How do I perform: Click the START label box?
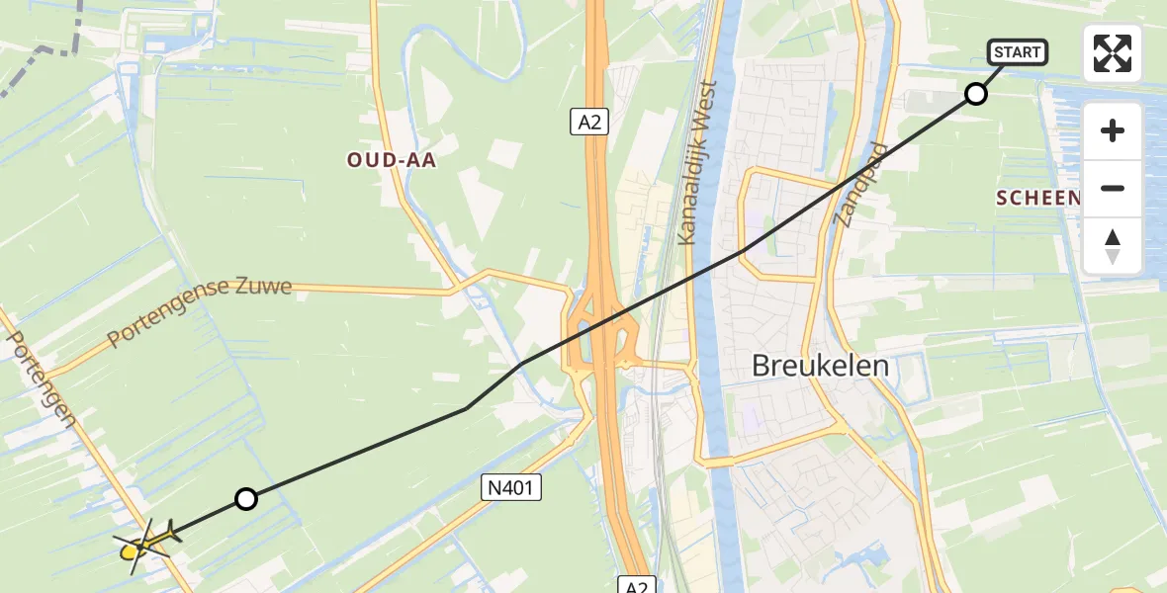click(1018, 52)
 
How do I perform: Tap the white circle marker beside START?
click(976, 94)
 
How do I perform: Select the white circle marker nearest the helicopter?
click(246, 499)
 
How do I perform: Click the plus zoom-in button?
click(1113, 130)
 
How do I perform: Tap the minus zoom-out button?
click(1113, 188)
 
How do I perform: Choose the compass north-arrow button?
click(1113, 246)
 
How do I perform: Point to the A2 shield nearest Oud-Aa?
click(588, 122)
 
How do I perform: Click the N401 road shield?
click(511, 486)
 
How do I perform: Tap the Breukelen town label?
click(820, 366)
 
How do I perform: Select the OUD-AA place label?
click(392, 160)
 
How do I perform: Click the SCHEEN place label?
click(1037, 199)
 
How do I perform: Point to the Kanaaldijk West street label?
click(696, 163)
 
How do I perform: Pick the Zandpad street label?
click(860, 185)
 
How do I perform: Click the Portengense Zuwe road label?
click(200, 311)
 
